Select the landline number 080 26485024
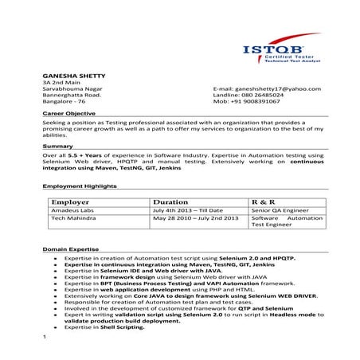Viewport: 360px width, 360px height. click(x=259, y=95)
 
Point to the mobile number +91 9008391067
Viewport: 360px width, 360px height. click(x=257, y=102)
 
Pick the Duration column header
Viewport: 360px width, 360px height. click(x=170, y=202)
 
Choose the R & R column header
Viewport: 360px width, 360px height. click(x=263, y=202)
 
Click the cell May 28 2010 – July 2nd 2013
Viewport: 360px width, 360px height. click(x=195, y=217)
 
